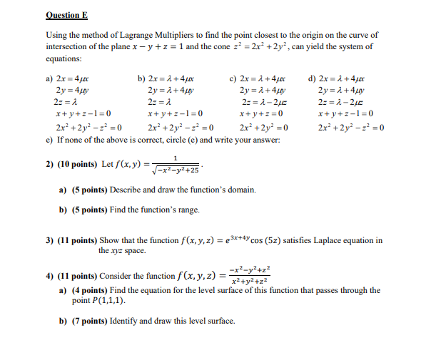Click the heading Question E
tap(66, 14)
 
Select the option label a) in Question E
tap(49, 79)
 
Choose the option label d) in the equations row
tap(312, 79)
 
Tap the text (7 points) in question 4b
tap(93, 321)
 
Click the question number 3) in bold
tap(50, 241)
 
